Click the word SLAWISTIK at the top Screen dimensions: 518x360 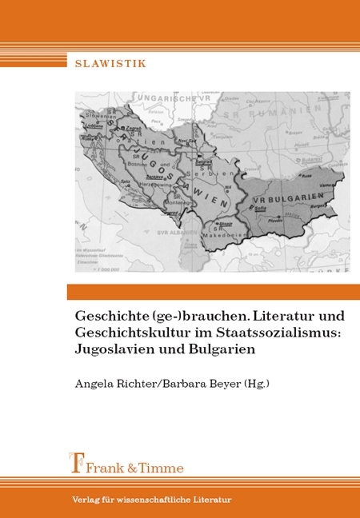(x=110, y=63)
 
